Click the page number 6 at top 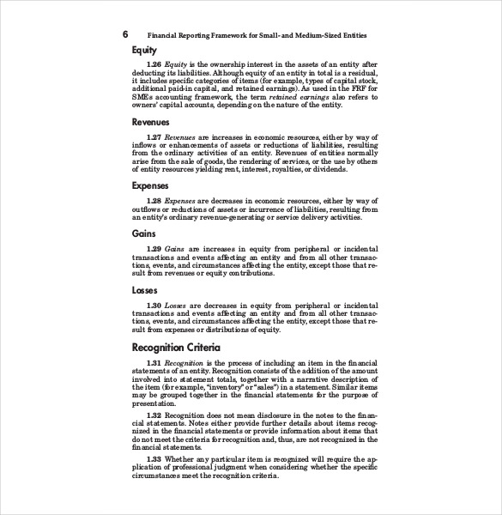coord(125,35)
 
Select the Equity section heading coord(144,51)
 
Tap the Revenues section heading coord(150,123)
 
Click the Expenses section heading coord(150,185)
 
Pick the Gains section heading coord(143,233)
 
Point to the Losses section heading coord(144,290)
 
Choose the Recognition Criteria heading coord(176,348)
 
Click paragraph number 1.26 coord(154,64)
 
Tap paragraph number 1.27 coord(154,137)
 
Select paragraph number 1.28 coord(154,200)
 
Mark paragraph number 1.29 coord(154,248)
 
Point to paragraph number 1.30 coord(154,305)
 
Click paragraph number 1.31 coord(154,364)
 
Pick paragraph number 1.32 coord(154,415)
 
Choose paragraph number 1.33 coord(154,459)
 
